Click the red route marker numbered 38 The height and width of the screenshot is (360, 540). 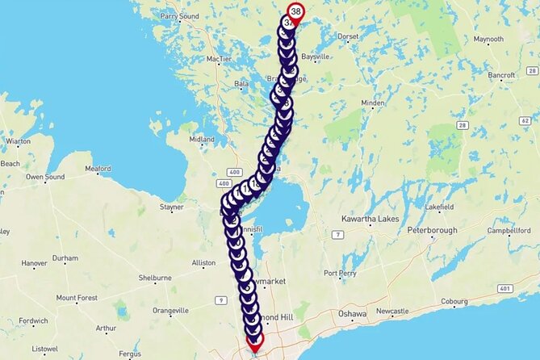click(296, 11)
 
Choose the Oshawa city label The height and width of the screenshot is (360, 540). click(352, 313)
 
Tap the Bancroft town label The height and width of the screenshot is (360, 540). click(501, 75)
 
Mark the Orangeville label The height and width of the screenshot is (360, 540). click(170, 310)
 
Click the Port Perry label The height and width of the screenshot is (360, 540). click(341, 274)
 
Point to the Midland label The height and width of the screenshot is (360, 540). click(202, 139)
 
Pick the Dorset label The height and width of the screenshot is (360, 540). click(349, 36)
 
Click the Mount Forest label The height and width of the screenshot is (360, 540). click(77, 298)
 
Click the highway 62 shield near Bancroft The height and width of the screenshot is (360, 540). click(525, 120)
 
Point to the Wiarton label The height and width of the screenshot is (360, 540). click(17, 140)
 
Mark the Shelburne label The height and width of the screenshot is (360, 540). click(155, 278)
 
